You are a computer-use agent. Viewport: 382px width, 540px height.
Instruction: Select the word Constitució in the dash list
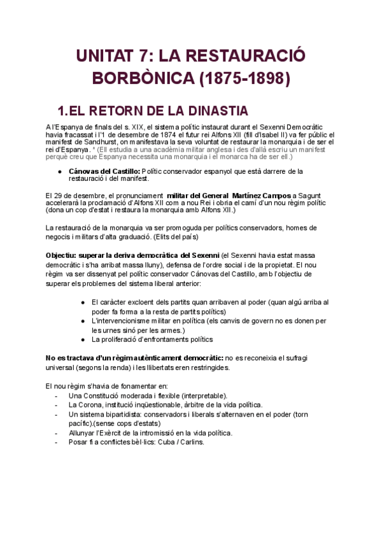click(x=108, y=395)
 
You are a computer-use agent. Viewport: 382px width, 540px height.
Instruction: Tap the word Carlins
click(x=194, y=442)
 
